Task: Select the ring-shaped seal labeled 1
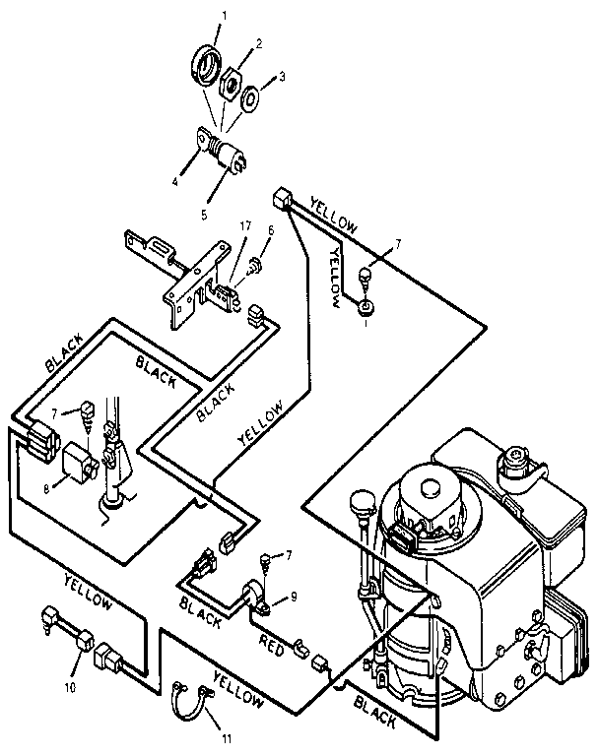click(x=205, y=67)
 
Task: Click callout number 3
click(x=284, y=77)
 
